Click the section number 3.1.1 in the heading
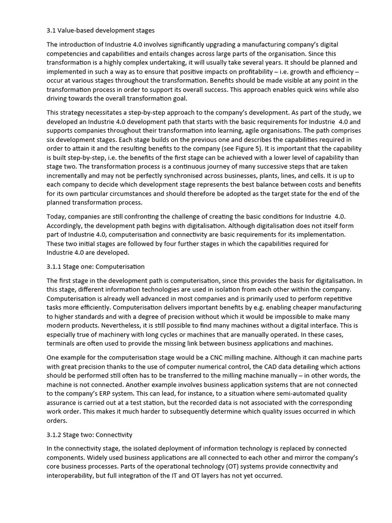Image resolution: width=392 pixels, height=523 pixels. click(54, 267)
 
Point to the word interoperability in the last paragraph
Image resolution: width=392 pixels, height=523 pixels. click(69, 476)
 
